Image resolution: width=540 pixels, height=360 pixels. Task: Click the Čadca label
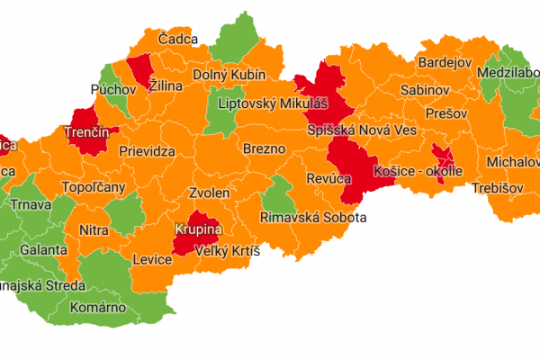click(177, 40)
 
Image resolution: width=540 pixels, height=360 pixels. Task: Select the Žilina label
click(165, 85)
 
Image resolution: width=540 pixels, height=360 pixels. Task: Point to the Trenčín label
click(87, 132)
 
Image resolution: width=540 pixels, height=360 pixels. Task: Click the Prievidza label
click(147, 153)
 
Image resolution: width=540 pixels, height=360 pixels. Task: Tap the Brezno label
click(264, 148)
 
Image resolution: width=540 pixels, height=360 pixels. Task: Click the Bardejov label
click(444, 63)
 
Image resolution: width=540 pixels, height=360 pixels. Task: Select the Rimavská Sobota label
click(313, 218)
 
